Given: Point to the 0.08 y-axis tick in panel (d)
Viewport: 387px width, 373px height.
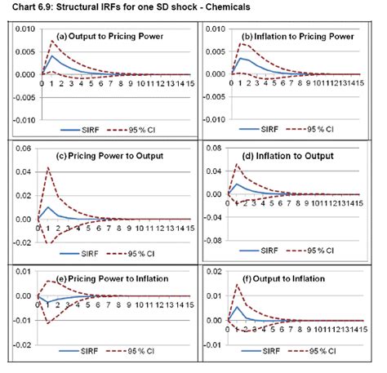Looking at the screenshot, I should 215,149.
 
